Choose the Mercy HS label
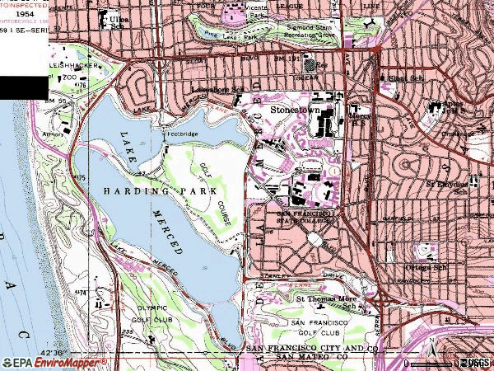coord(359,121)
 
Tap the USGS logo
coord(476,362)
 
